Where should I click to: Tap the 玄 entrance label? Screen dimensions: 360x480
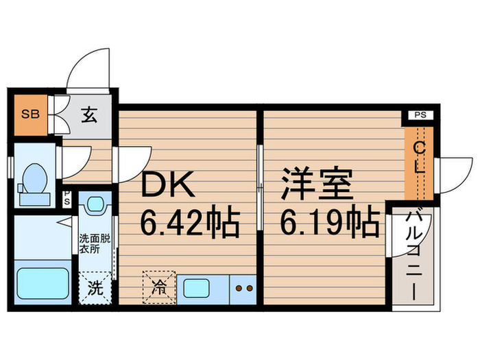tap(90, 115)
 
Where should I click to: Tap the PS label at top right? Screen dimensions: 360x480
tap(420, 115)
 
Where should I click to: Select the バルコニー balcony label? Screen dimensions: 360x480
tap(413, 254)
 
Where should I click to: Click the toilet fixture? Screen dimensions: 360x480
tap(32, 182)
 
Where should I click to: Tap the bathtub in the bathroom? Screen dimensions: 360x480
tap(41, 285)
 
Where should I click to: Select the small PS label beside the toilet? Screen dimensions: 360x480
tap(67, 200)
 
